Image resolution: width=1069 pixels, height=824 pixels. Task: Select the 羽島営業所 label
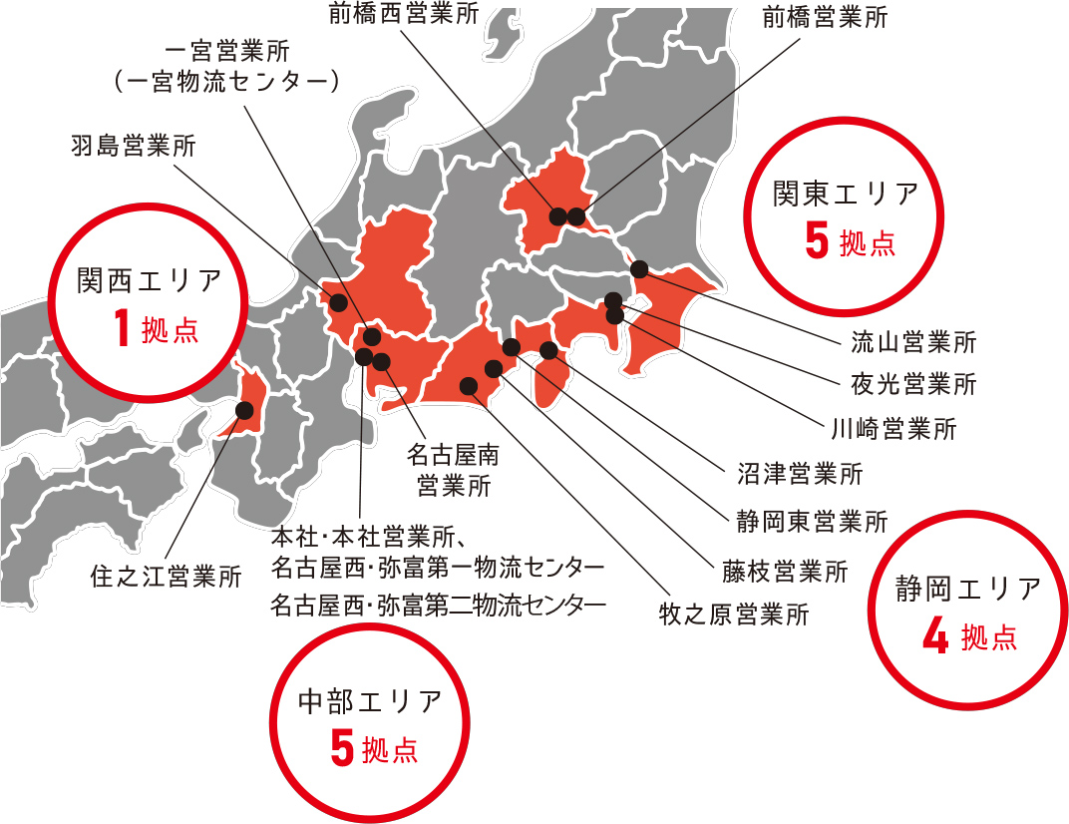point(134,146)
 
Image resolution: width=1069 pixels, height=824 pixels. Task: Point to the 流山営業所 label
point(912,343)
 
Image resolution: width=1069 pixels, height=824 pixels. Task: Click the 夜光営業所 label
point(912,383)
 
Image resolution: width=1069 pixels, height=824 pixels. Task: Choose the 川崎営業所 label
point(893,430)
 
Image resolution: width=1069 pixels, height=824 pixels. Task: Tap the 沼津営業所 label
point(800,473)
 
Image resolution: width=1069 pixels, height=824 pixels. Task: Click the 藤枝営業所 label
point(786,572)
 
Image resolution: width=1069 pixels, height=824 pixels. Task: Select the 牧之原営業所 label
point(734,614)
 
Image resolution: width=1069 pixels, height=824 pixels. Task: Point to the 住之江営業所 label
point(166,576)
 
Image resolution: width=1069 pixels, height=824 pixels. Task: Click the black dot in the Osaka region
point(243,409)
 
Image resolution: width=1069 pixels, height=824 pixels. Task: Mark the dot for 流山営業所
point(639,268)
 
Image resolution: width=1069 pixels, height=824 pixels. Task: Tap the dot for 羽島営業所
point(338,302)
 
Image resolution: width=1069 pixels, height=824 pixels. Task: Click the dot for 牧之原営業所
point(468,385)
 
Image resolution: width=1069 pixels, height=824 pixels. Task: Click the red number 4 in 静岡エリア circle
point(934,638)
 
